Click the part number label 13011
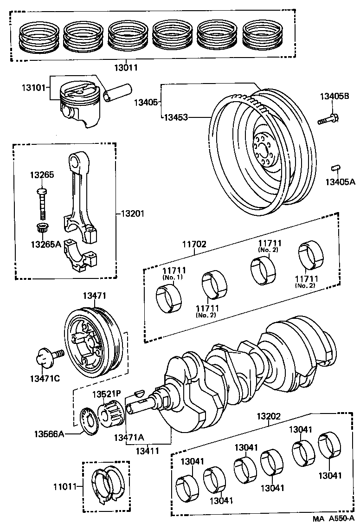click(x=125, y=67)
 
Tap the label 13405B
click(x=334, y=97)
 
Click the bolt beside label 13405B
click(x=328, y=119)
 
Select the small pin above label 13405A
click(x=335, y=168)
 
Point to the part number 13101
click(x=33, y=88)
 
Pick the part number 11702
click(x=194, y=244)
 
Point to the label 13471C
click(x=45, y=378)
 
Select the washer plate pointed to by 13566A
click(x=89, y=421)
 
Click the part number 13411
click(x=148, y=451)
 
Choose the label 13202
click(x=269, y=416)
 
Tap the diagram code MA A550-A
click(x=333, y=518)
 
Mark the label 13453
click(x=176, y=117)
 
